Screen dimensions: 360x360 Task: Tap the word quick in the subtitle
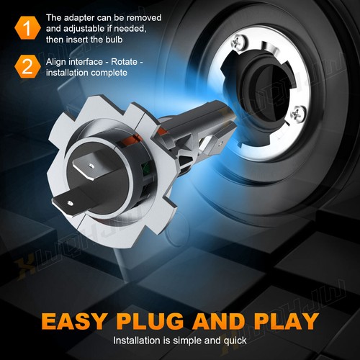233,341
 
